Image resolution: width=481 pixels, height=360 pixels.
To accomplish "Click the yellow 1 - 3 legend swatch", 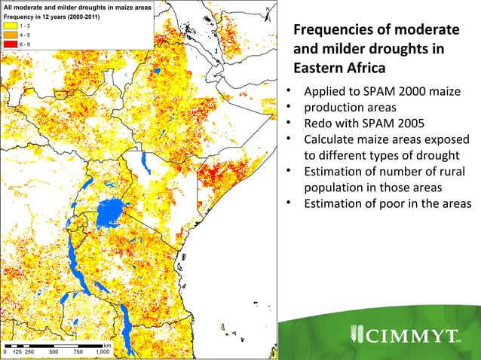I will pos(11,25).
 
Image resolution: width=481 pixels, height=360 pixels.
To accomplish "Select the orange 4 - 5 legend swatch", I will pos(11,34).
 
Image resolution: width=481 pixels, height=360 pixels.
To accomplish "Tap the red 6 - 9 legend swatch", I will pos(11,43).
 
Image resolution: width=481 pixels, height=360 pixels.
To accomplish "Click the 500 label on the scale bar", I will pos(54,352).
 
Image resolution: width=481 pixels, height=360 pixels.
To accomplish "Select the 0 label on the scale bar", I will pos(5,352).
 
